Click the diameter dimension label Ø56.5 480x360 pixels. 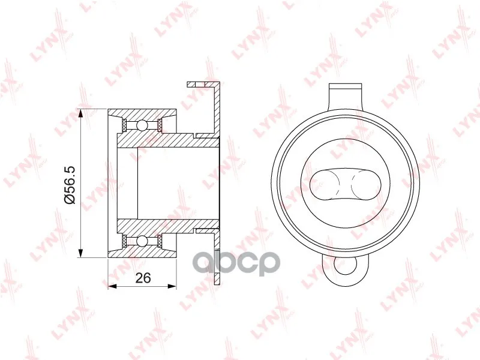70,184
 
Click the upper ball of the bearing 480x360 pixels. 142,125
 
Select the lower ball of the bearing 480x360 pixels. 142,241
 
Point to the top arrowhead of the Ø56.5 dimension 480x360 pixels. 80,114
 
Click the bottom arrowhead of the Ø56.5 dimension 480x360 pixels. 80,253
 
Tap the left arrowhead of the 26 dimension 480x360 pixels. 113,286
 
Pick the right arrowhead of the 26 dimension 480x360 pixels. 172,286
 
